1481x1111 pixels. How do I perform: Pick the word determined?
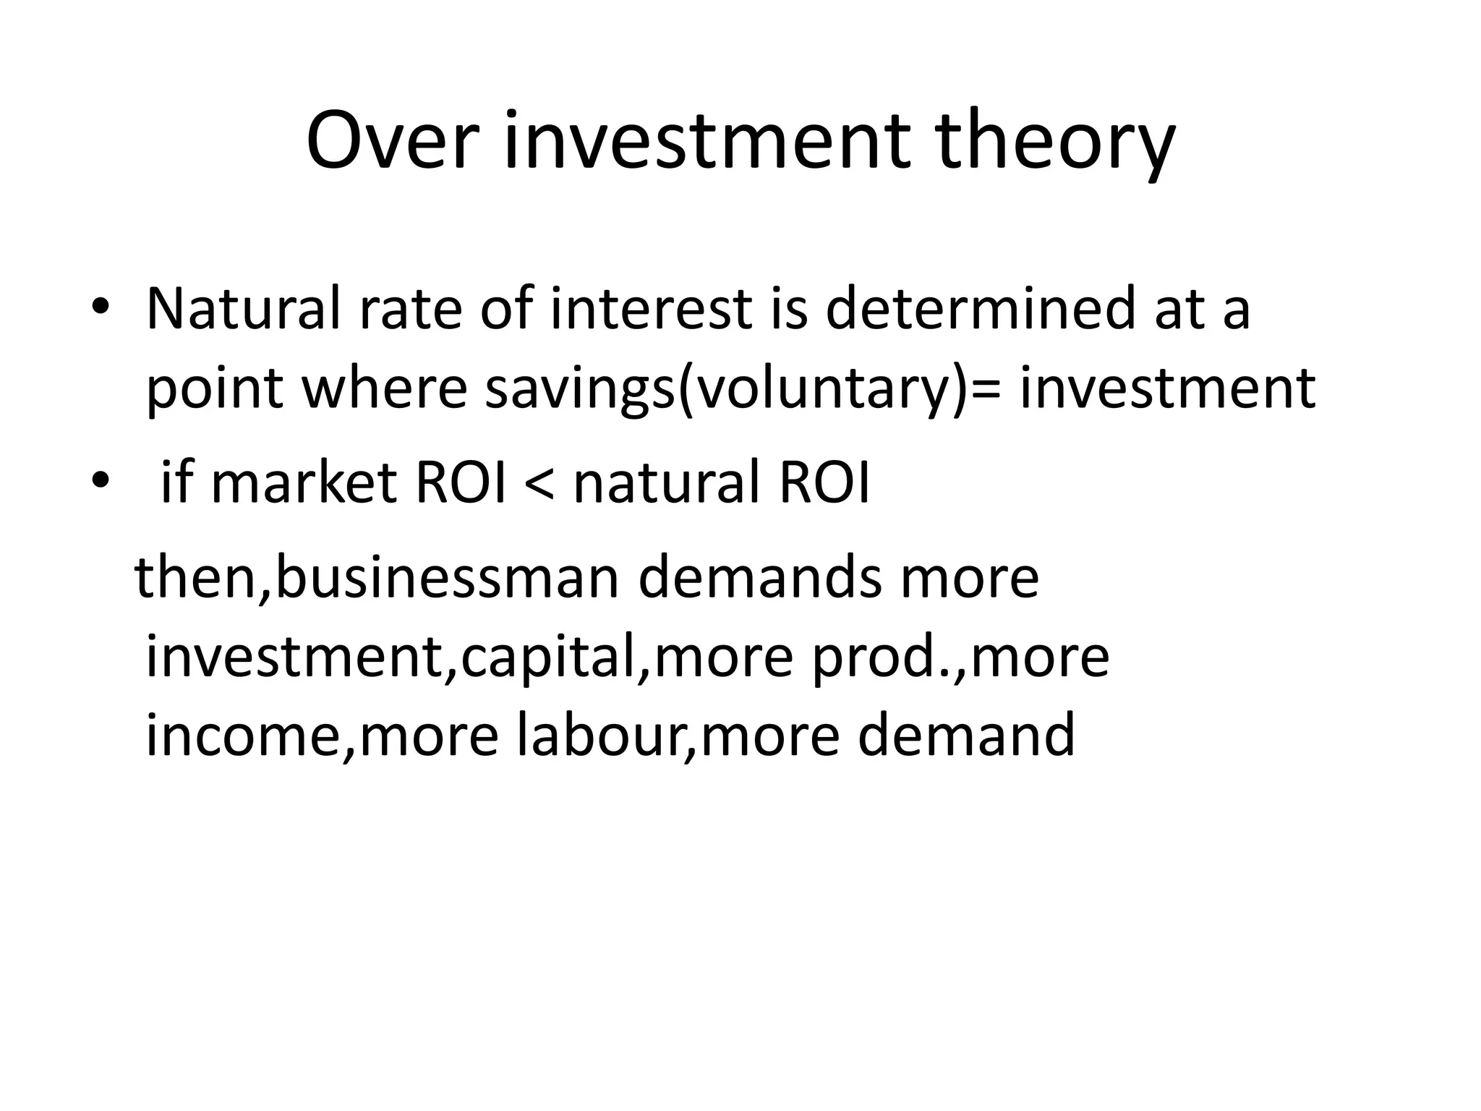(980, 309)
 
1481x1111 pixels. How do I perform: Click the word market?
(304, 483)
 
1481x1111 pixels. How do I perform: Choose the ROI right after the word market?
(460, 483)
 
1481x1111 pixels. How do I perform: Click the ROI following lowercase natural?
(824, 483)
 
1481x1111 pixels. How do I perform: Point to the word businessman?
(447, 578)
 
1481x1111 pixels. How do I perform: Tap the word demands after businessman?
(759, 578)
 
